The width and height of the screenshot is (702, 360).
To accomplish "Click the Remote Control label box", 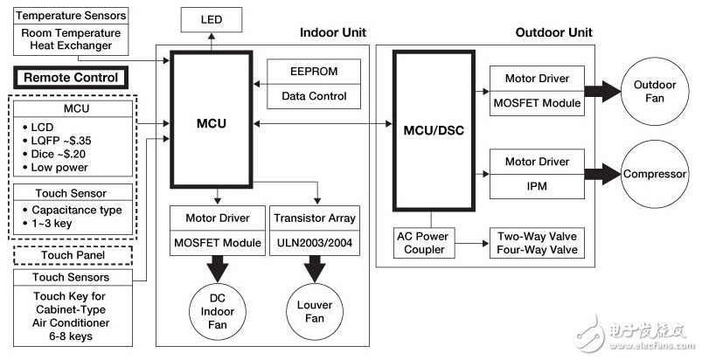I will coord(71,78).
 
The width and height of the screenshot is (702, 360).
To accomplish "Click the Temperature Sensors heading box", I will coord(71,16).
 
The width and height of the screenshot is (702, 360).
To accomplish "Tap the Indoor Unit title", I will coord(332,33).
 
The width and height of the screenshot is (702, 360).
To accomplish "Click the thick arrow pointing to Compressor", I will coord(603,175).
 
